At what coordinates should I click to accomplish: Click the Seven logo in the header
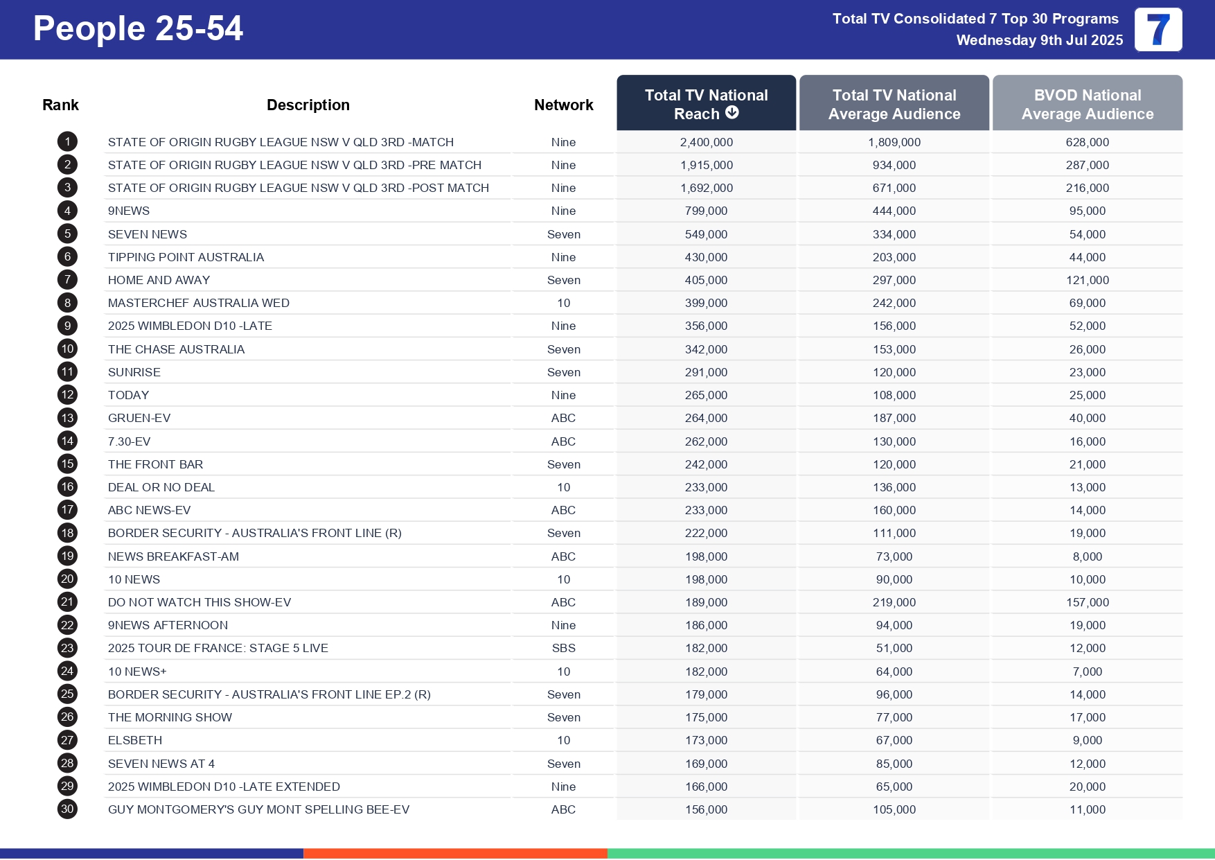pyautogui.click(x=1158, y=30)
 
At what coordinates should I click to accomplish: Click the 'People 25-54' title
pyautogui.click(x=138, y=29)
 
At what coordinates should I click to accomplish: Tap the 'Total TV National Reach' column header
pyautogui.click(x=705, y=103)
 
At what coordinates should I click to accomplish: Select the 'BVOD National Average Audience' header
pyautogui.click(x=1087, y=104)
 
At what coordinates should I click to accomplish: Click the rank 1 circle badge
pyautogui.click(x=67, y=142)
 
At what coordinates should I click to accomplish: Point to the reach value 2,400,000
pyautogui.click(x=706, y=142)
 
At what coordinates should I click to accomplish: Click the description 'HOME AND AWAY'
pyautogui.click(x=159, y=280)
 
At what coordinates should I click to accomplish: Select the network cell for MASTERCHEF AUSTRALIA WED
pyautogui.click(x=563, y=303)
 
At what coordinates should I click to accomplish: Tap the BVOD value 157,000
pyautogui.click(x=1087, y=602)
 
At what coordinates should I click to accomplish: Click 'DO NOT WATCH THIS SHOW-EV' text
pyautogui.click(x=199, y=602)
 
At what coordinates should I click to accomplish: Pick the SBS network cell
pyautogui.click(x=563, y=648)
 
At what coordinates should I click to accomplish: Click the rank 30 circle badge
pyautogui.click(x=67, y=809)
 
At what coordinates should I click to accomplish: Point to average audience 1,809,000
pyautogui.click(x=894, y=142)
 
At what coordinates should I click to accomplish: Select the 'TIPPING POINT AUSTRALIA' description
pyautogui.click(x=186, y=257)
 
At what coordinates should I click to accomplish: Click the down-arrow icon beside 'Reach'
pyautogui.click(x=732, y=113)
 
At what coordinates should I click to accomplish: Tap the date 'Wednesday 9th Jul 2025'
pyautogui.click(x=1039, y=40)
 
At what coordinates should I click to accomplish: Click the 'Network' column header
pyautogui.click(x=563, y=105)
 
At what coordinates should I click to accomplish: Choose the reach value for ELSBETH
pyautogui.click(x=706, y=740)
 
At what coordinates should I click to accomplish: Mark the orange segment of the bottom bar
pyautogui.click(x=455, y=853)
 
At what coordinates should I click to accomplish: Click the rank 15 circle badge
pyautogui.click(x=67, y=464)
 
